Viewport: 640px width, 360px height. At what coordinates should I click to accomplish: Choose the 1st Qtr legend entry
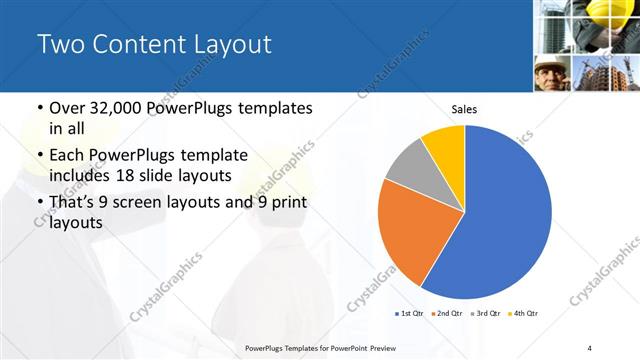[411, 313]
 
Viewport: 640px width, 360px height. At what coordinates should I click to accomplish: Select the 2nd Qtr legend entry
[448, 313]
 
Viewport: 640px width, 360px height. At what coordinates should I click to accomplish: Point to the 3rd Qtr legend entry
[486, 313]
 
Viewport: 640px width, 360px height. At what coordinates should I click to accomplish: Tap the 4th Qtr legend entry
[524, 313]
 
